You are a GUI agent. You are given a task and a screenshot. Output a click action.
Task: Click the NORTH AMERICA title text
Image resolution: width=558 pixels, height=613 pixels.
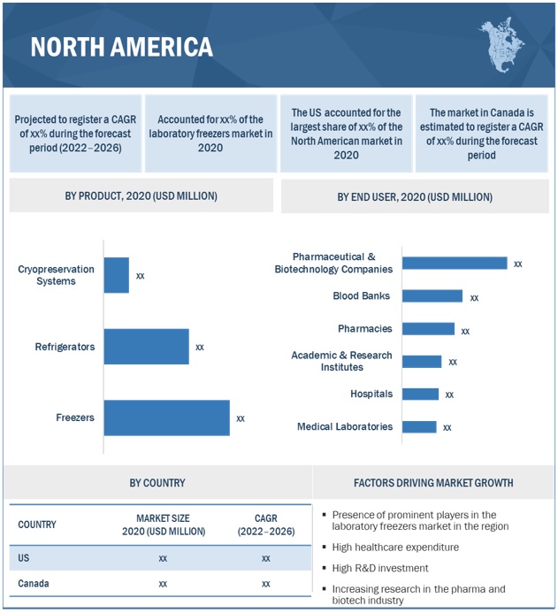click(121, 47)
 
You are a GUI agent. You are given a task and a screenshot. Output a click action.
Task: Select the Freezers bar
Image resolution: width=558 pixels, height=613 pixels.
click(166, 418)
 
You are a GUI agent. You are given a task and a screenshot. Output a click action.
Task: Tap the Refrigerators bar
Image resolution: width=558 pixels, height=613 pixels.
click(146, 347)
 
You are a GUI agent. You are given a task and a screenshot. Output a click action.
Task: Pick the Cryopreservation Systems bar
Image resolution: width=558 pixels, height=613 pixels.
click(116, 275)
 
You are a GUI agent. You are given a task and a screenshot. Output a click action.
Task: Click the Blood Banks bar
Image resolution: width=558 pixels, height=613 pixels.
click(432, 296)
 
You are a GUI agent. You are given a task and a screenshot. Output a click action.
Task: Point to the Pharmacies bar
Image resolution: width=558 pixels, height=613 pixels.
click(428, 329)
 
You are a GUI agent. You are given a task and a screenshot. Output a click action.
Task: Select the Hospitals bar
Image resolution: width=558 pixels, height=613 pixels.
click(420, 395)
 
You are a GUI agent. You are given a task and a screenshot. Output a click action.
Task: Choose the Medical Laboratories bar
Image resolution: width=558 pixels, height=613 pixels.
click(419, 427)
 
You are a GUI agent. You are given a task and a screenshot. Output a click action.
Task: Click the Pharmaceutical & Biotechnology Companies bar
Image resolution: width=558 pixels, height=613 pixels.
click(455, 263)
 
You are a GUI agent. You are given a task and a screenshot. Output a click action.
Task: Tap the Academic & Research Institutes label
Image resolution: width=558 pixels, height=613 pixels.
click(341, 361)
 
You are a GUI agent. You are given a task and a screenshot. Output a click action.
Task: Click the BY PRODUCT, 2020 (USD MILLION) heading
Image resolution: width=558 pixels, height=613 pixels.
click(141, 195)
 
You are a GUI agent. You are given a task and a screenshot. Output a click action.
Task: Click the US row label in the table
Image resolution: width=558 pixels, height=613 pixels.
click(24, 558)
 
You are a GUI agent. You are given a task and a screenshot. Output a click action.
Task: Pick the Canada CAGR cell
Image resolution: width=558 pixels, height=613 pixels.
click(265, 584)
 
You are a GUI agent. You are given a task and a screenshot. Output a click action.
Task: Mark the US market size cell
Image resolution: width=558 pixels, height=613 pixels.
click(163, 558)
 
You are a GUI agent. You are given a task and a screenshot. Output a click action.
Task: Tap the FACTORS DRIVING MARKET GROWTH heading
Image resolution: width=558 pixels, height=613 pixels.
click(432, 483)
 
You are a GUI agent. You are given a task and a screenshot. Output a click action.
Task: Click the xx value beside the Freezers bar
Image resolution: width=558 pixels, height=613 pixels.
click(241, 418)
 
